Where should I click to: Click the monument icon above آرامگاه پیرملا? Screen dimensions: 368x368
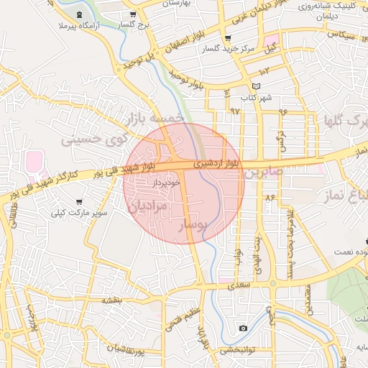tap(78, 14)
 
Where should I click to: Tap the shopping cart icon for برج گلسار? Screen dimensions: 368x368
tap(133, 14)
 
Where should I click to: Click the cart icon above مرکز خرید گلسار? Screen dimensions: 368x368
tap(228, 38)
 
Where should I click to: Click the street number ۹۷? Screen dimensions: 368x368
tap(234, 111)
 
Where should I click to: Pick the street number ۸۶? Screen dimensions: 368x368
tap(270, 197)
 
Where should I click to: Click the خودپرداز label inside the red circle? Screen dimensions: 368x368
tap(166, 184)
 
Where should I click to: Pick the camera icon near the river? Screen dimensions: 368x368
tap(244, 328)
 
